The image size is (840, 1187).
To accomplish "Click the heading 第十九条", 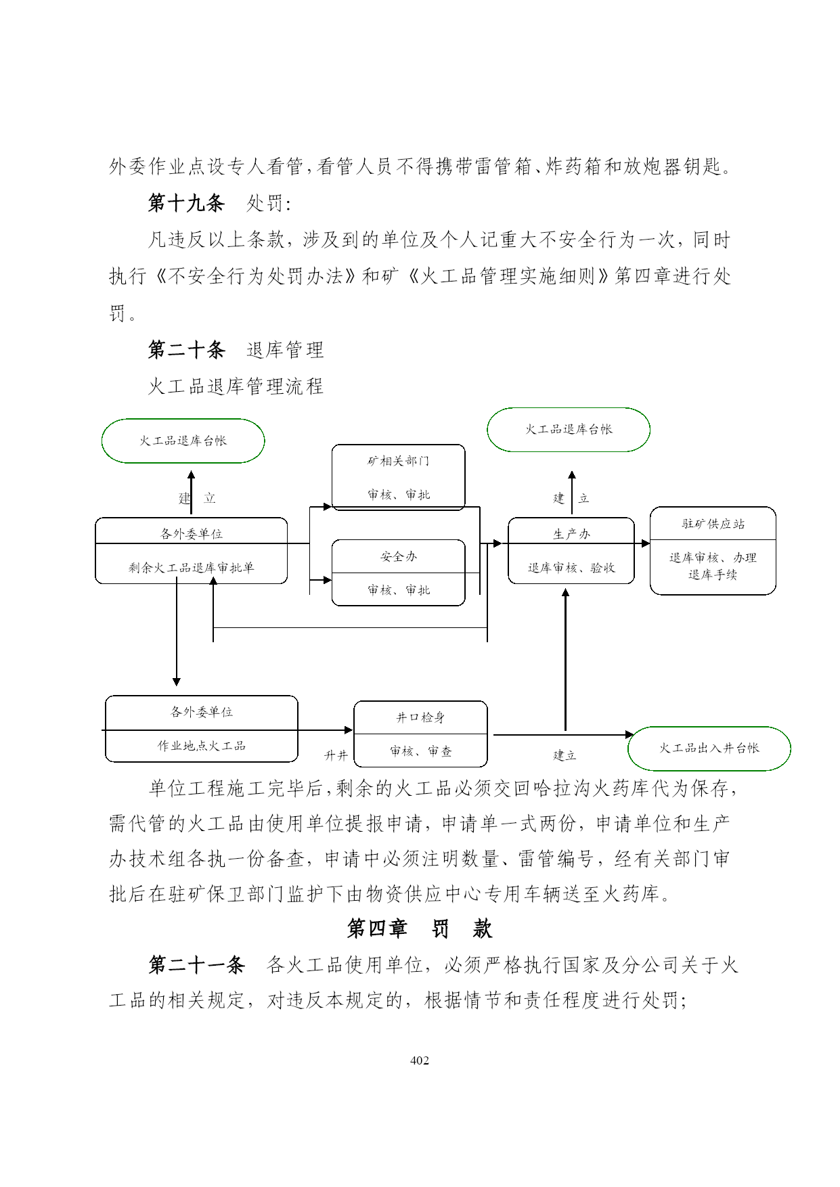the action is click(x=186, y=202).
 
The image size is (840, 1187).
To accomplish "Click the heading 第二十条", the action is click(x=186, y=349).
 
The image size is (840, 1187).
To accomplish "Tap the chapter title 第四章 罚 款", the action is click(x=420, y=928).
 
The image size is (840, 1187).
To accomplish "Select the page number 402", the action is click(x=420, y=1060).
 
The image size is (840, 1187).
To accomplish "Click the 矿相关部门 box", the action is click(x=398, y=477).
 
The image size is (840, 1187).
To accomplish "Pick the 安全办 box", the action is click(x=398, y=573).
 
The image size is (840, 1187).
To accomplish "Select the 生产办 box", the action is click(x=571, y=550).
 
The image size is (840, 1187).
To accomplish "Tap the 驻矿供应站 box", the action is click(x=713, y=550).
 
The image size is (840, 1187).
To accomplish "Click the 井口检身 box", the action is click(x=420, y=734).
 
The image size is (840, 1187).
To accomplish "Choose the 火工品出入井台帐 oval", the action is click(x=709, y=748).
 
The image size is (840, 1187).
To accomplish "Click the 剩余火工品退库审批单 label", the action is click(x=192, y=568).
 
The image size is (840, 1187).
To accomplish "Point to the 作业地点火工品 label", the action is click(x=202, y=746).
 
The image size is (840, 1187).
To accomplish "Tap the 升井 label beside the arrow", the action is click(x=336, y=755).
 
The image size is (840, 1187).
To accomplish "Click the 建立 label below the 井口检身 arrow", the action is click(x=565, y=755).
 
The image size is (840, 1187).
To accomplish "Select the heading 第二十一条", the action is click(x=196, y=964).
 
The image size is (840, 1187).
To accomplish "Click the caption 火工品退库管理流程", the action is click(x=236, y=386).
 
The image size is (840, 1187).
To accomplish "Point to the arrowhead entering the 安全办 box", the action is click(x=328, y=580).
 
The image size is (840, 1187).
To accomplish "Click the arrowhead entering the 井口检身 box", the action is click(x=349, y=730).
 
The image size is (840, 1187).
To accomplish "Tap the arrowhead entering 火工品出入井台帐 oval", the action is click(x=630, y=734).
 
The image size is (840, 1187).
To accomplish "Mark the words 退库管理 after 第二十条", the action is click(x=286, y=350).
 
